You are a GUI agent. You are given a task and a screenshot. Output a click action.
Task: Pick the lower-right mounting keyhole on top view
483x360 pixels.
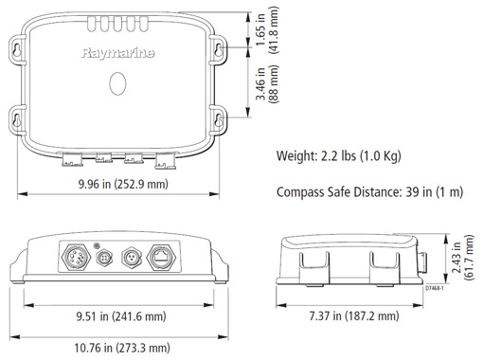pos(217,120)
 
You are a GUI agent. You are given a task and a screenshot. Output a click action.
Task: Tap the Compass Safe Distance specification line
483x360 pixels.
pos(369,192)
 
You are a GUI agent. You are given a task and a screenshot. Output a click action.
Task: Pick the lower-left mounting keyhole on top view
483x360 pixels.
pos(20,120)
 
